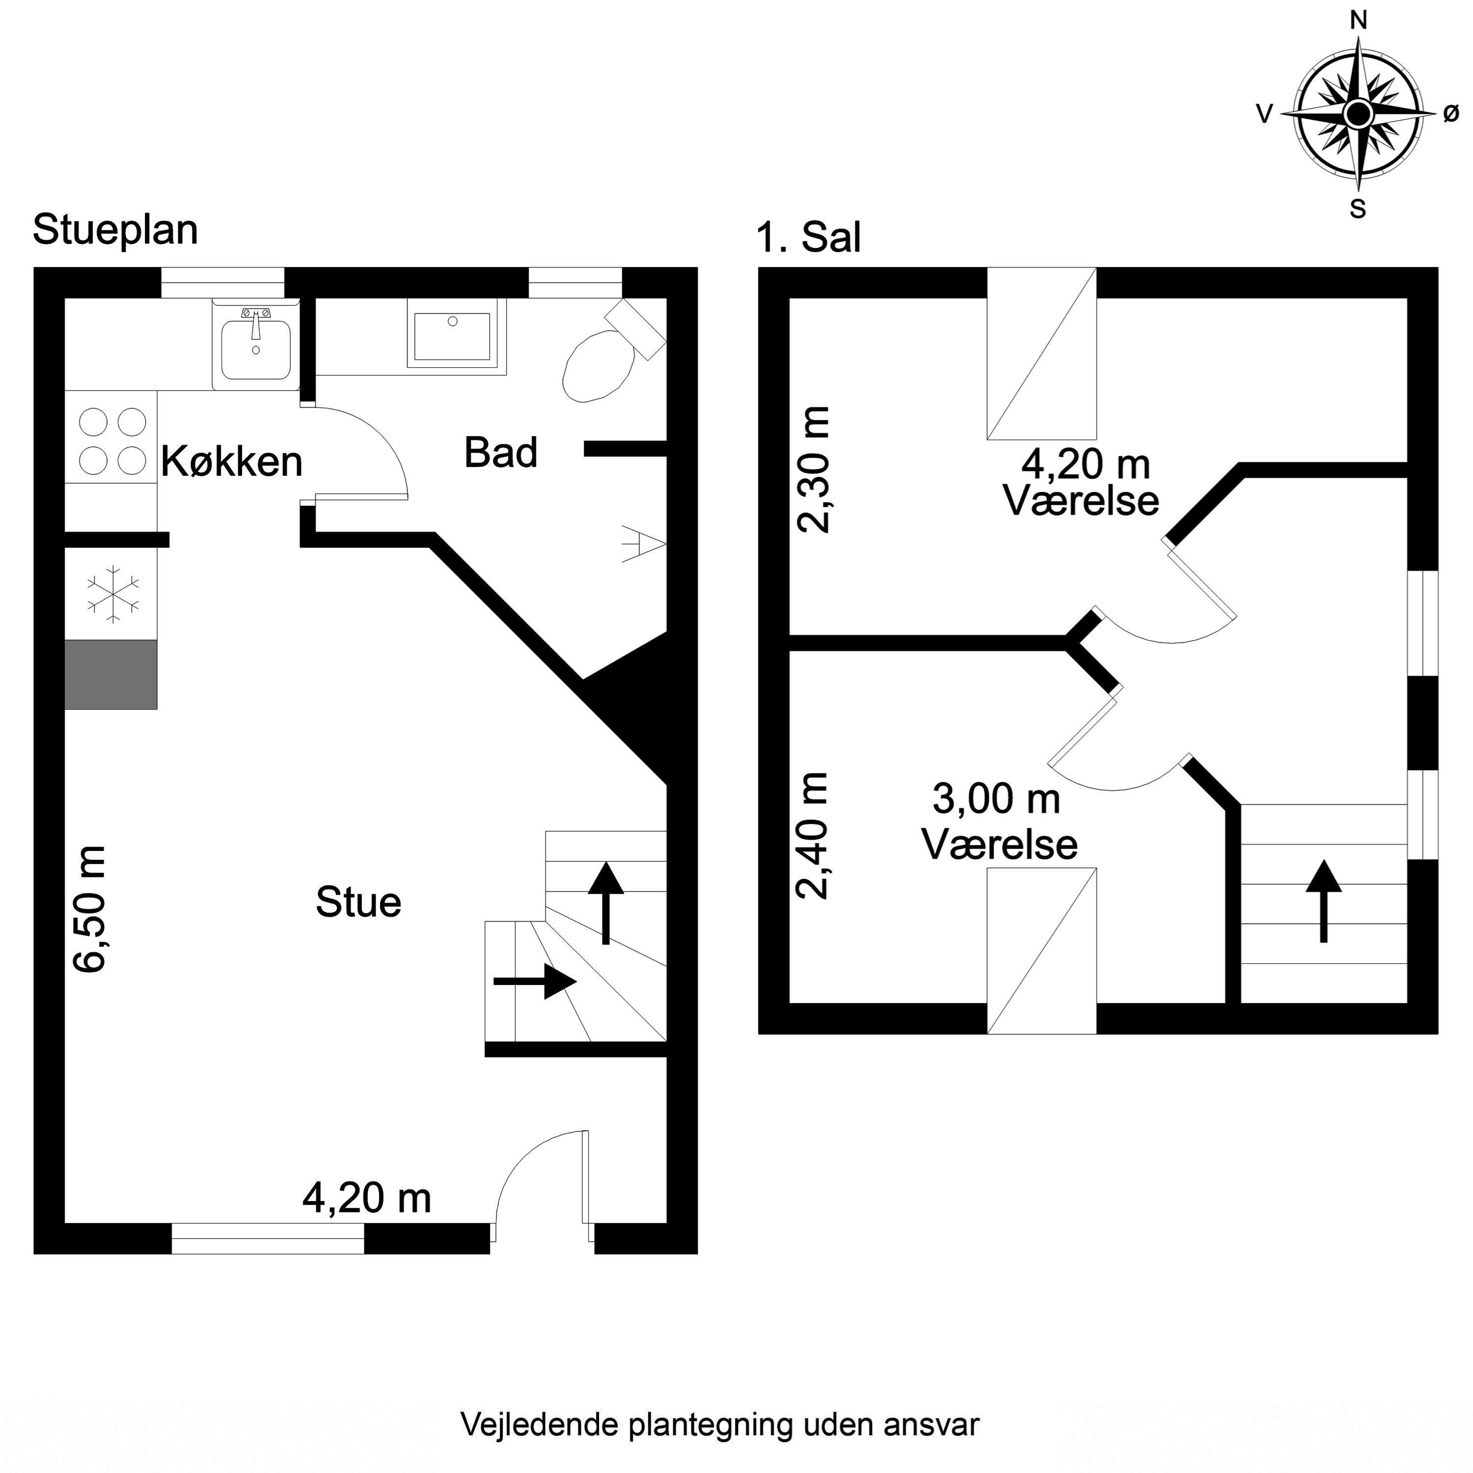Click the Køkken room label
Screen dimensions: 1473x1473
click(x=232, y=461)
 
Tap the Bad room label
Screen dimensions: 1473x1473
click(x=501, y=452)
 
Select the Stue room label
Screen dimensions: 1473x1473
click(x=358, y=902)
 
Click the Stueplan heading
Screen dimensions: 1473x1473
click(x=115, y=229)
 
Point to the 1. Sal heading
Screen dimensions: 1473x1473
click(x=808, y=237)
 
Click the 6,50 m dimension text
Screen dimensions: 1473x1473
click(x=89, y=909)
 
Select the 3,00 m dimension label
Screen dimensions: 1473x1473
click(x=997, y=799)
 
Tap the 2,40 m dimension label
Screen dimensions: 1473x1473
click(x=811, y=836)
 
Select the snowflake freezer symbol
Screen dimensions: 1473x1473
click(x=113, y=593)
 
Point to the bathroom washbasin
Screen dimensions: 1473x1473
click(x=456, y=335)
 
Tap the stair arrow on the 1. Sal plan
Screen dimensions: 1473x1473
click(x=1324, y=901)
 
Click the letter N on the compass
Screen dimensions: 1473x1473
click(x=1358, y=21)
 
